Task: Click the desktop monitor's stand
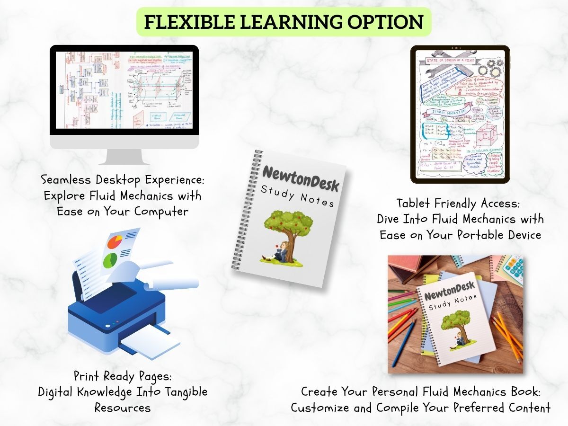pos(124,157)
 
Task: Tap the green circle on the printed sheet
pos(110,259)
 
